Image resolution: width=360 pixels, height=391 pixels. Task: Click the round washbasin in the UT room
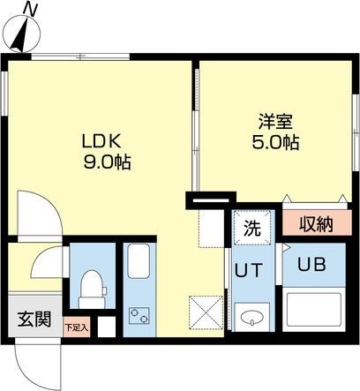[x=253, y=317]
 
